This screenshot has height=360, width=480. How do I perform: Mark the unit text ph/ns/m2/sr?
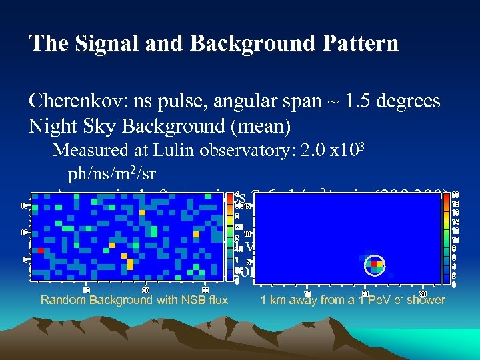tap(112, 174)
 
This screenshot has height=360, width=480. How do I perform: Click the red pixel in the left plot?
tap(41, 251)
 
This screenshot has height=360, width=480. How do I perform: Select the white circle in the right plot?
tap(375, 265)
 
